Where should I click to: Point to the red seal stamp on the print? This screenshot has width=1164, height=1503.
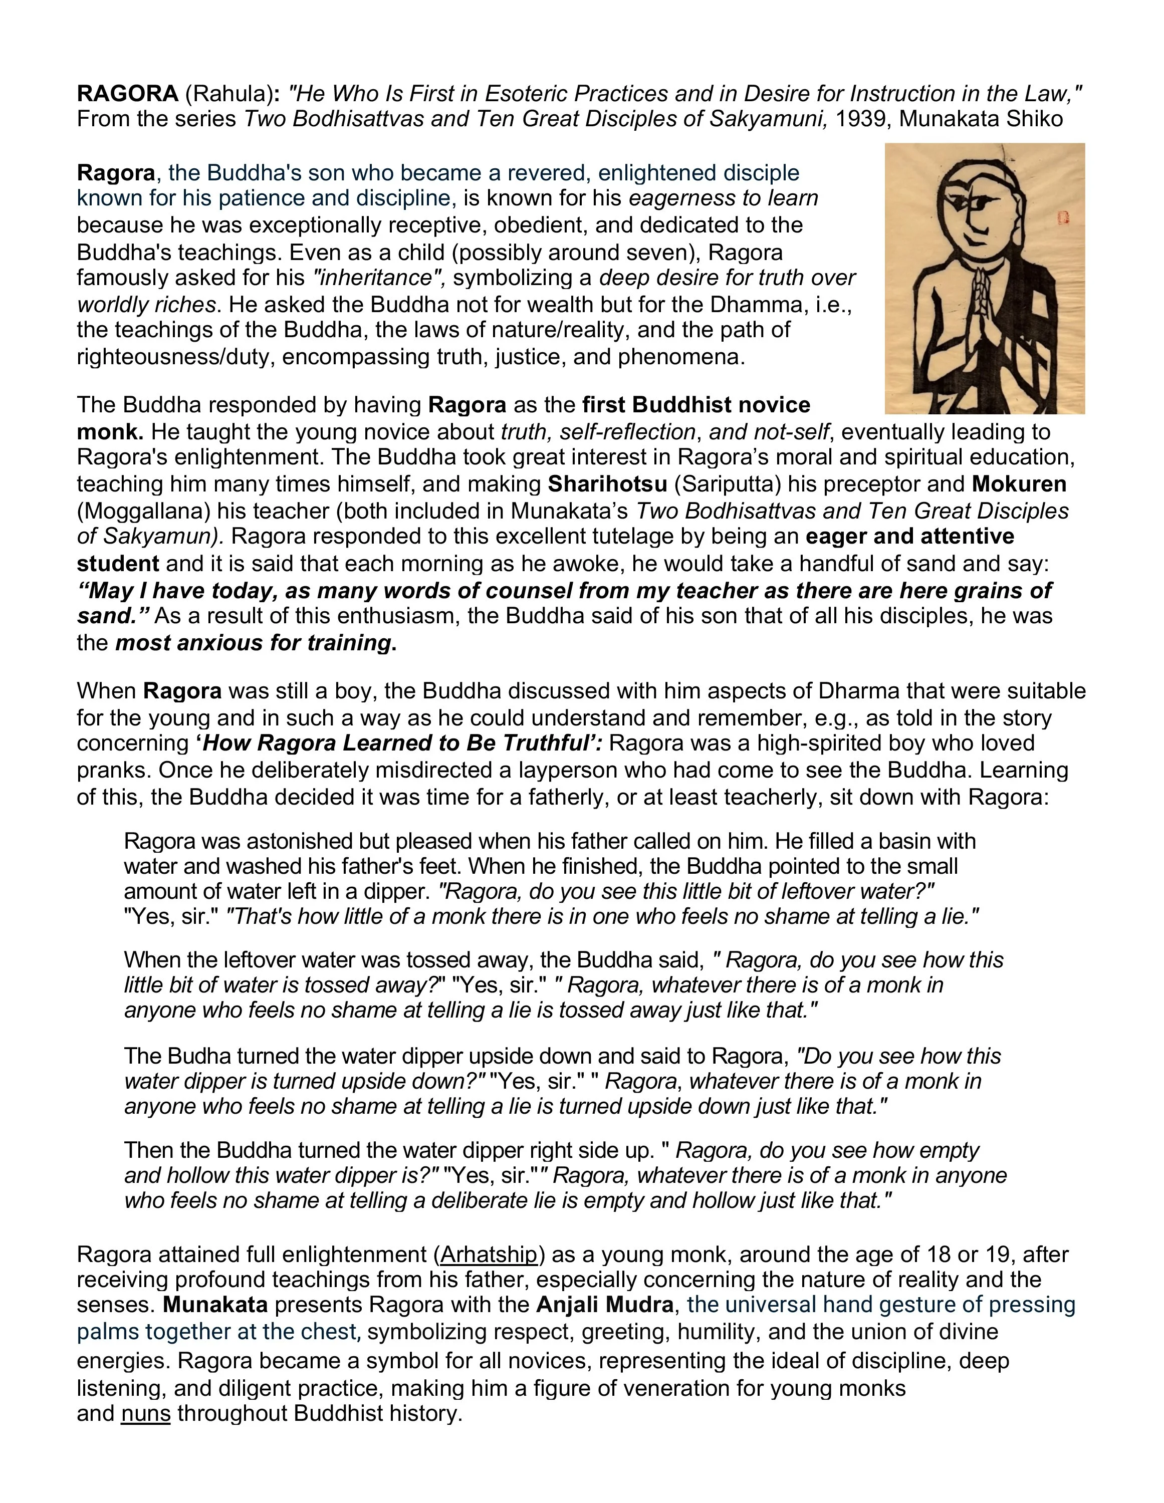pos(1061,219)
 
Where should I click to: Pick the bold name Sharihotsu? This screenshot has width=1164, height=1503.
pos(607,484)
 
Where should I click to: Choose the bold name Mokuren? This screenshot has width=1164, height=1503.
pos(1019,484)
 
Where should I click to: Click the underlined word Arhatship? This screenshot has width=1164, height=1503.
pos(489,1255)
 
